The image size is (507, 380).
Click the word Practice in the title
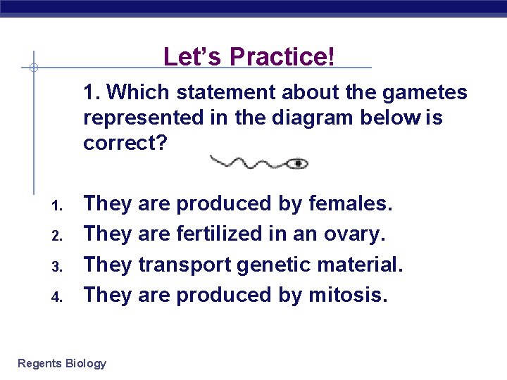287,56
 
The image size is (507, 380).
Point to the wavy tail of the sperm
246,163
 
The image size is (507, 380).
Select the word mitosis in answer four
348,295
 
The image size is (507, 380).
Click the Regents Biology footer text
62,363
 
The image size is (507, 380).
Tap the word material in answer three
360,265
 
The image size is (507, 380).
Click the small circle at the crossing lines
33,68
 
